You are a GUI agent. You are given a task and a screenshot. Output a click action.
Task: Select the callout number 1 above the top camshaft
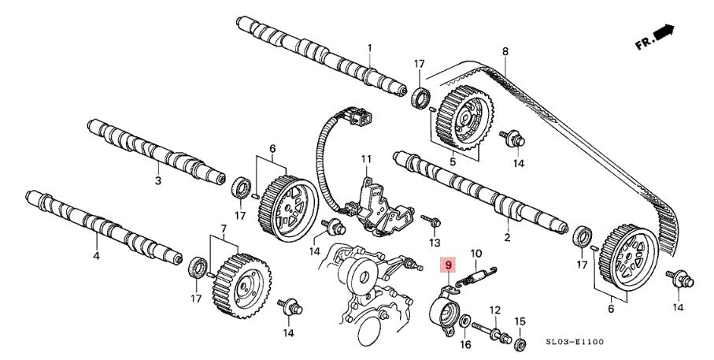368,49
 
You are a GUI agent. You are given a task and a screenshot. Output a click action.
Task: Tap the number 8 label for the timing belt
505,52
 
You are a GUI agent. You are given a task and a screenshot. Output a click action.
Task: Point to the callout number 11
366,160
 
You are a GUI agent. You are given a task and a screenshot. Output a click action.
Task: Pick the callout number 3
157,180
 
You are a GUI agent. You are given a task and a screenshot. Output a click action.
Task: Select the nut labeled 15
519,343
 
